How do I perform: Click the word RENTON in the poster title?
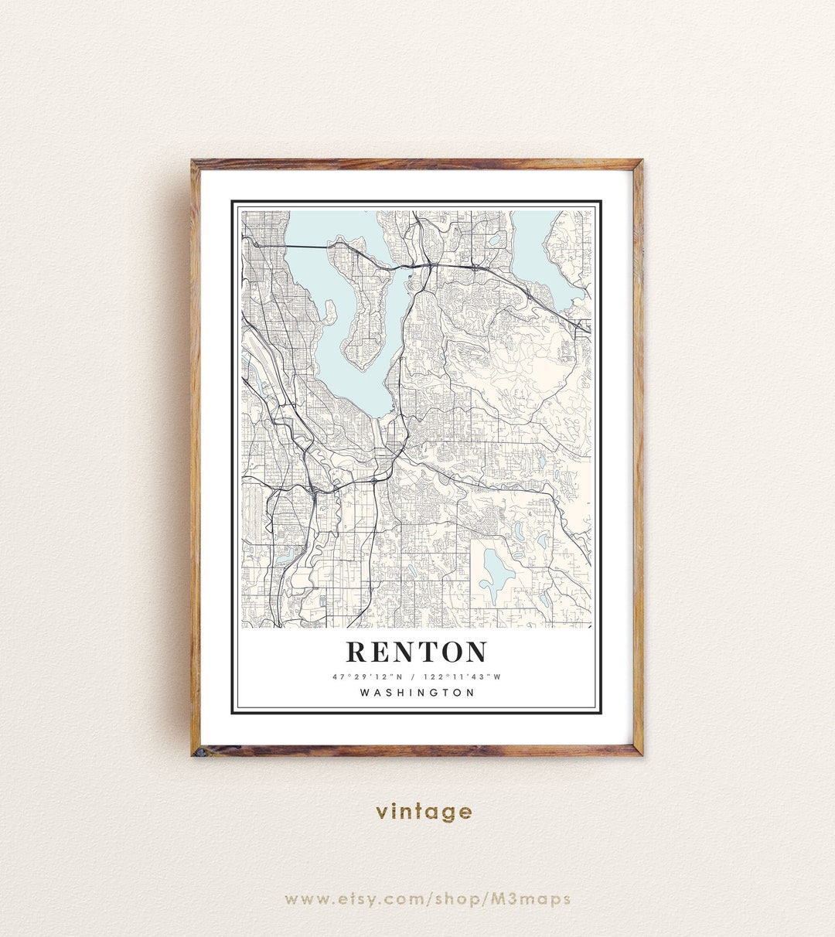tap(416, 652)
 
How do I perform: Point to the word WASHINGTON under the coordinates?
tap(417, 693)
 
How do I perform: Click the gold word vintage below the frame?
tap(424, 812)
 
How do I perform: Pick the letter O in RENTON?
tap(447, 652)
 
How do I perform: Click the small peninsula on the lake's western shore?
tap(330, 312)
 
